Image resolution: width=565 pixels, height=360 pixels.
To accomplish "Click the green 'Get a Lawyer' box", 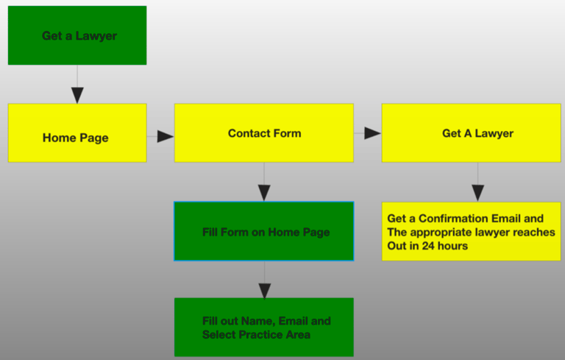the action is pyautogui.click(x=77, y=35).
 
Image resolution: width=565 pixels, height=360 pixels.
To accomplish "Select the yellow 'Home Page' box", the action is pyautogui.click(x=77, y=133).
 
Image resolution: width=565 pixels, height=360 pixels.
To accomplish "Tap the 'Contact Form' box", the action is pyautogui.click(x=264, y=133).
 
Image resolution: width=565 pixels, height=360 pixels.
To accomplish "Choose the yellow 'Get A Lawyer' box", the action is pyautogui.click(x=472, y=133).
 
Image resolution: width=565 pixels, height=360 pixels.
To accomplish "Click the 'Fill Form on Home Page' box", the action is pyautogui.click(x=264, y=231).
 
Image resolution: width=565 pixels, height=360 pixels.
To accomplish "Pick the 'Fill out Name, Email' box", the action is pyautogui.click(x=264, y=327).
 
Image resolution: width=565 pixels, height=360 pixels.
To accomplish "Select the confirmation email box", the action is pyautogui.click(x=472, y=231).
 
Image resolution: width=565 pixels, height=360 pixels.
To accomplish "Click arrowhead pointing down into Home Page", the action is pyautogui.click(x=77, y=95).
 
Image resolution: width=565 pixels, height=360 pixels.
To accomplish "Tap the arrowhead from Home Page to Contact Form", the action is pyautogui.click(x=166, y=136).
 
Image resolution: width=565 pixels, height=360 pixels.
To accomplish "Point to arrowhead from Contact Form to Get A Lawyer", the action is pyautogui.click(x=372, y=133).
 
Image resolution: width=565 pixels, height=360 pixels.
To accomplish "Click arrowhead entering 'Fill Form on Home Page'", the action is pyautogui.click(x=264, y=193).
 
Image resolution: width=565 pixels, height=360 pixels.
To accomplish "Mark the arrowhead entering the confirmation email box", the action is pyautogui.click(x=477, y=193).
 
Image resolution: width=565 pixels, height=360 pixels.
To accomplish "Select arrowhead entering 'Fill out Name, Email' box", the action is pyautogui.click(x=265, y=291).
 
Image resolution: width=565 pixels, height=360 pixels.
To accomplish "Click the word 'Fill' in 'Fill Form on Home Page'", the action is pyautogui.click(x=210, y=232).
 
